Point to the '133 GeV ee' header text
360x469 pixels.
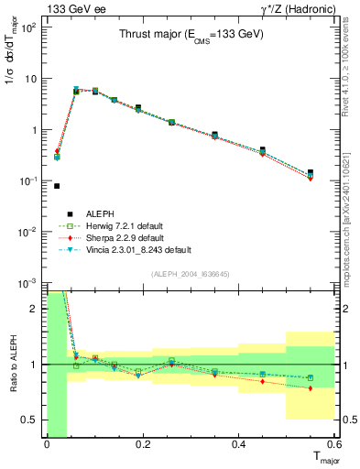coord(71,8)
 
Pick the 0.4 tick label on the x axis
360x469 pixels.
coord(239,446)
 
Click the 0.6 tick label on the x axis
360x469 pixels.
coord(334,446)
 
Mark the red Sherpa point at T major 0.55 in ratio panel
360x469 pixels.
coord(311,388)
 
